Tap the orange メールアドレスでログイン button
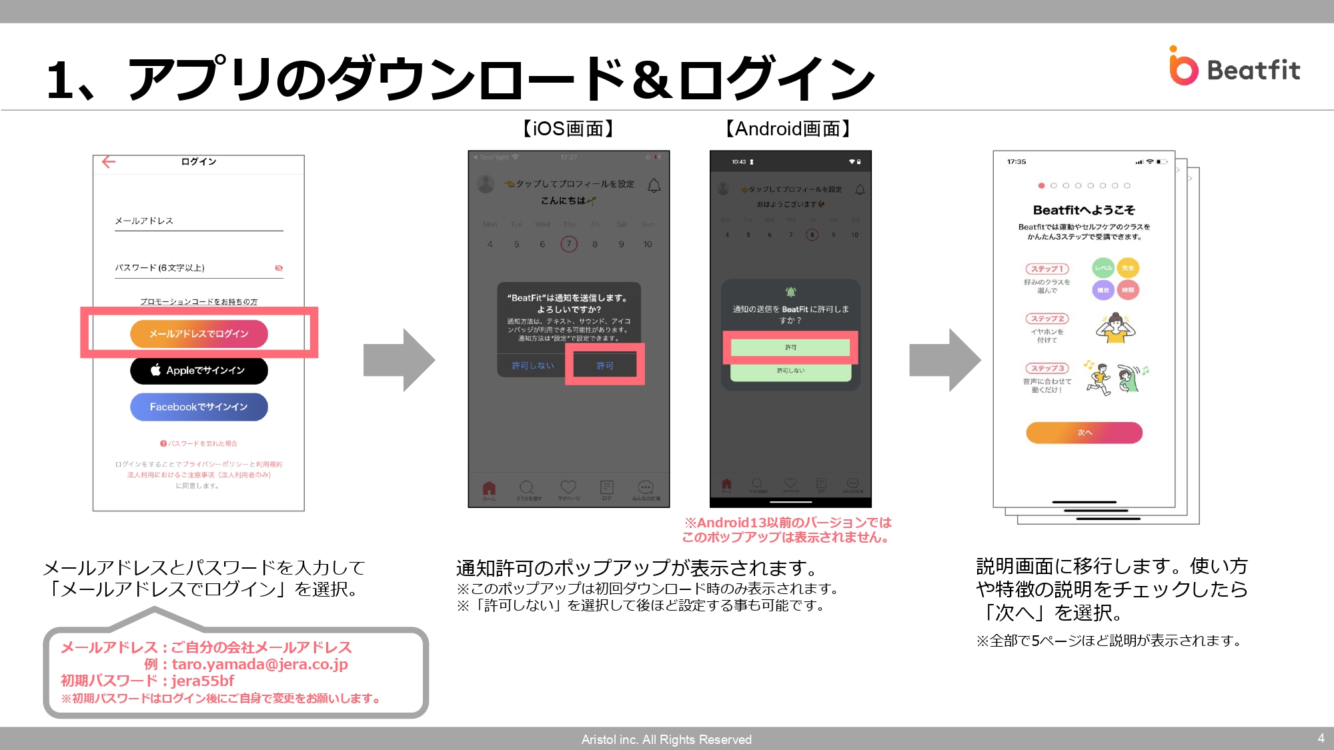199,333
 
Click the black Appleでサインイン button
199,370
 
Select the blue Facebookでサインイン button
199,407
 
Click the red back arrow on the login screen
109,161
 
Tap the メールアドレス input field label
144,221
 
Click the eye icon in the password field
279,268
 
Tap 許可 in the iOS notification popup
605,365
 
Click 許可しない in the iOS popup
532,365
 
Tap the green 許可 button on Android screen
790,347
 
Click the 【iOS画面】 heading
568,129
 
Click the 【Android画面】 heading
788,129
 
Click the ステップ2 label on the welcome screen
1047,319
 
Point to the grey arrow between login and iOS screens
399,360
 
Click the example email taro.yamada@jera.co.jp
259,664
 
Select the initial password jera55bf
203,681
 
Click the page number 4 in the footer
1321,738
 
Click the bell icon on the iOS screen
654,185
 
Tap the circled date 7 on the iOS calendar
569,244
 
